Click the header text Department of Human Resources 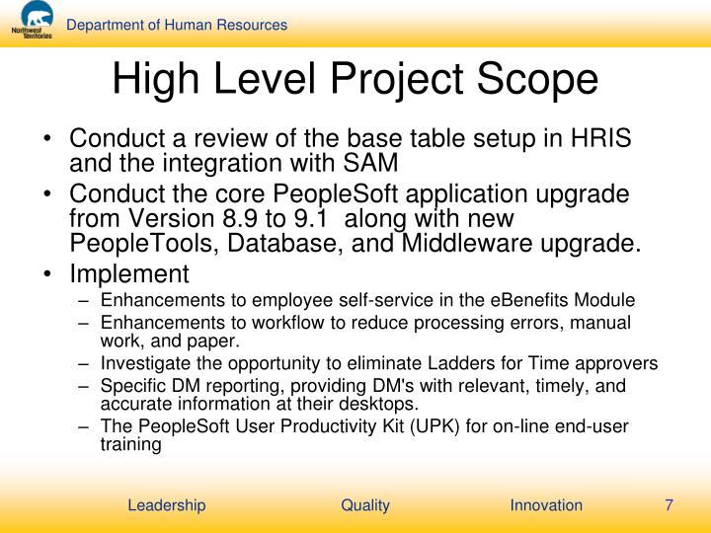(177, 25)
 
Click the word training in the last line (130, 444)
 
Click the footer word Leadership (167, 505)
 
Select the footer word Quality (365, 505)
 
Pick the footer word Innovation (546, 505)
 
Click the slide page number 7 (669, 505)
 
